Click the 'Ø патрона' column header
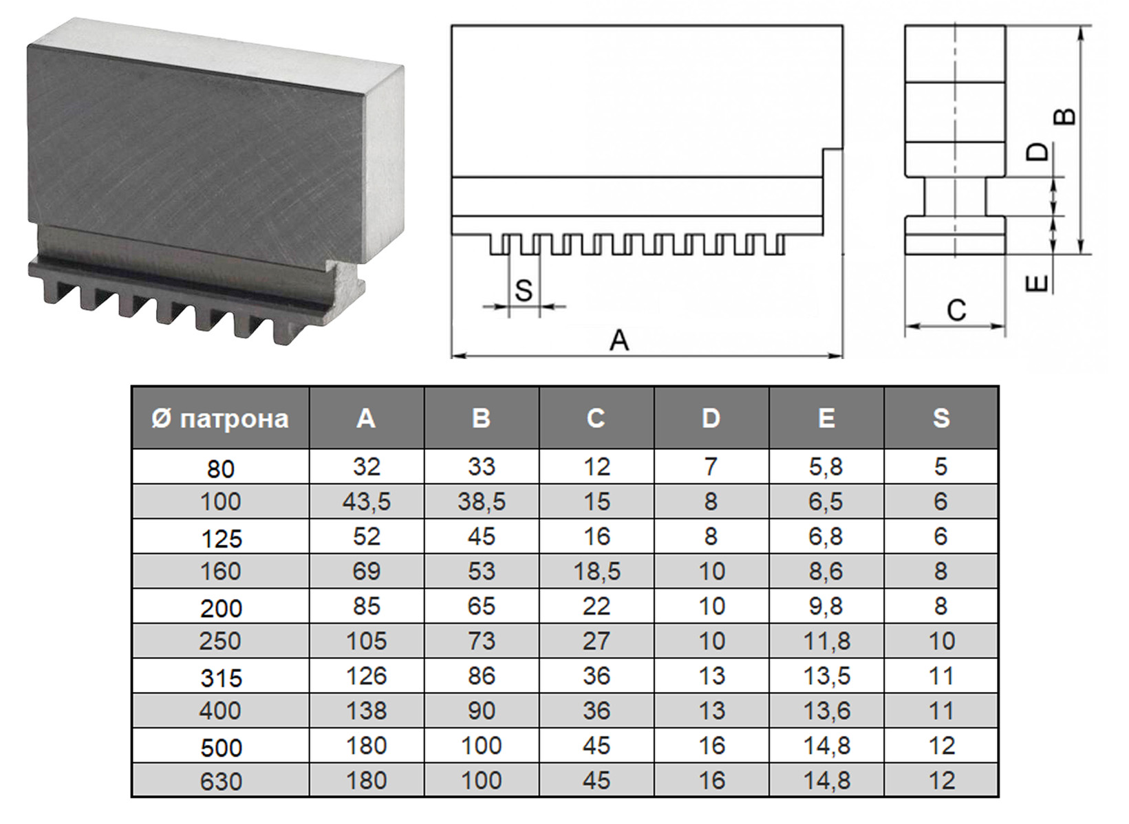pos(220,419)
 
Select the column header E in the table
pos(826,418)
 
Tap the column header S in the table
pos(941,418)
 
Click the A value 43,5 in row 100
pos(367,502)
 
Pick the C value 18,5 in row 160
pos(596,572)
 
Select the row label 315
pos(221,678)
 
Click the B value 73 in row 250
pos(482,641)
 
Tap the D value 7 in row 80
pos(711,467)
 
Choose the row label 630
pos(221,781)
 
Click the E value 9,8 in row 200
pos(826,606)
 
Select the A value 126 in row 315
pos(367,676)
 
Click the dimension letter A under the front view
pos(619,340)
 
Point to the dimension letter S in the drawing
pos(524,290)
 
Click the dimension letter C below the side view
pos(956,310)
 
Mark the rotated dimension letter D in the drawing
pos(1037,152)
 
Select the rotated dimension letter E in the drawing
pos(1037,284)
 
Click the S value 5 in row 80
pos(941,467)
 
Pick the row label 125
pos(222,539)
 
